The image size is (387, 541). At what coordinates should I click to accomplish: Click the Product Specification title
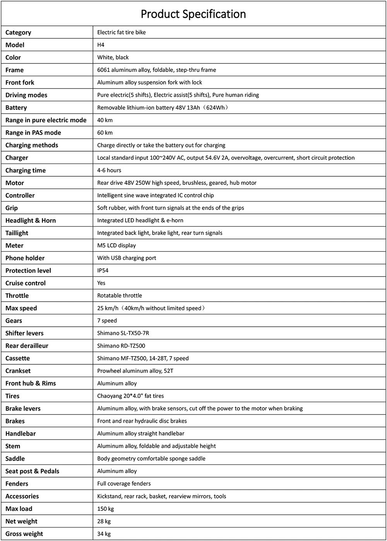(x=193, y=14)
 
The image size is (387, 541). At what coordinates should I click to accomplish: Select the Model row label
(x=15, y=45)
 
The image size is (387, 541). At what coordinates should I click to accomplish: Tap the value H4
(x=101, y=45)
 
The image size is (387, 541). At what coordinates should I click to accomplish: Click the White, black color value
(x=113, y=57)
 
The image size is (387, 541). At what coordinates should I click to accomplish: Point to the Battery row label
(x=16, y=108)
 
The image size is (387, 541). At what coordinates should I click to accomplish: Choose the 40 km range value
(x=105, y=120)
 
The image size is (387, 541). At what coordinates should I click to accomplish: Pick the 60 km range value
(x=105, y=133)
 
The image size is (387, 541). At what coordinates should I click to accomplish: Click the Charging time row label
(x=26, y=170)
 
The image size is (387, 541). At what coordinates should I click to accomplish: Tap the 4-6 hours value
(x=109, y=170)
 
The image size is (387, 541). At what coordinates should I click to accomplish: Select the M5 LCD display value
(x=116, y=246)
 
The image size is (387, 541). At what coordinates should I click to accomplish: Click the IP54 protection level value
(x=103, y=270)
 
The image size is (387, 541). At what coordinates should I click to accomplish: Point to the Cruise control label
(x=26, y=283)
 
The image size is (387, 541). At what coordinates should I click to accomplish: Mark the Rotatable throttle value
(x=120, y=295)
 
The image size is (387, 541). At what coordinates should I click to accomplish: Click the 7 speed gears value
(x=107, y=321)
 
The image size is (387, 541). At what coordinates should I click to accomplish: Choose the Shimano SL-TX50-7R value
(x=123, y=333)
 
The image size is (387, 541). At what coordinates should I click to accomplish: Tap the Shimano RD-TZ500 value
(x=121, y=346)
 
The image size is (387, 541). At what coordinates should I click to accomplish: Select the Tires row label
(x=12, y=396)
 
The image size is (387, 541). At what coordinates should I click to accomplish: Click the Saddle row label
(x=15, y=459)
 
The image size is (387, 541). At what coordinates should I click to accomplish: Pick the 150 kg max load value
(x=105, y=509)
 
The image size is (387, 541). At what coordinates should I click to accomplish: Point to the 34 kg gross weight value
(x=104, y=534)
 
